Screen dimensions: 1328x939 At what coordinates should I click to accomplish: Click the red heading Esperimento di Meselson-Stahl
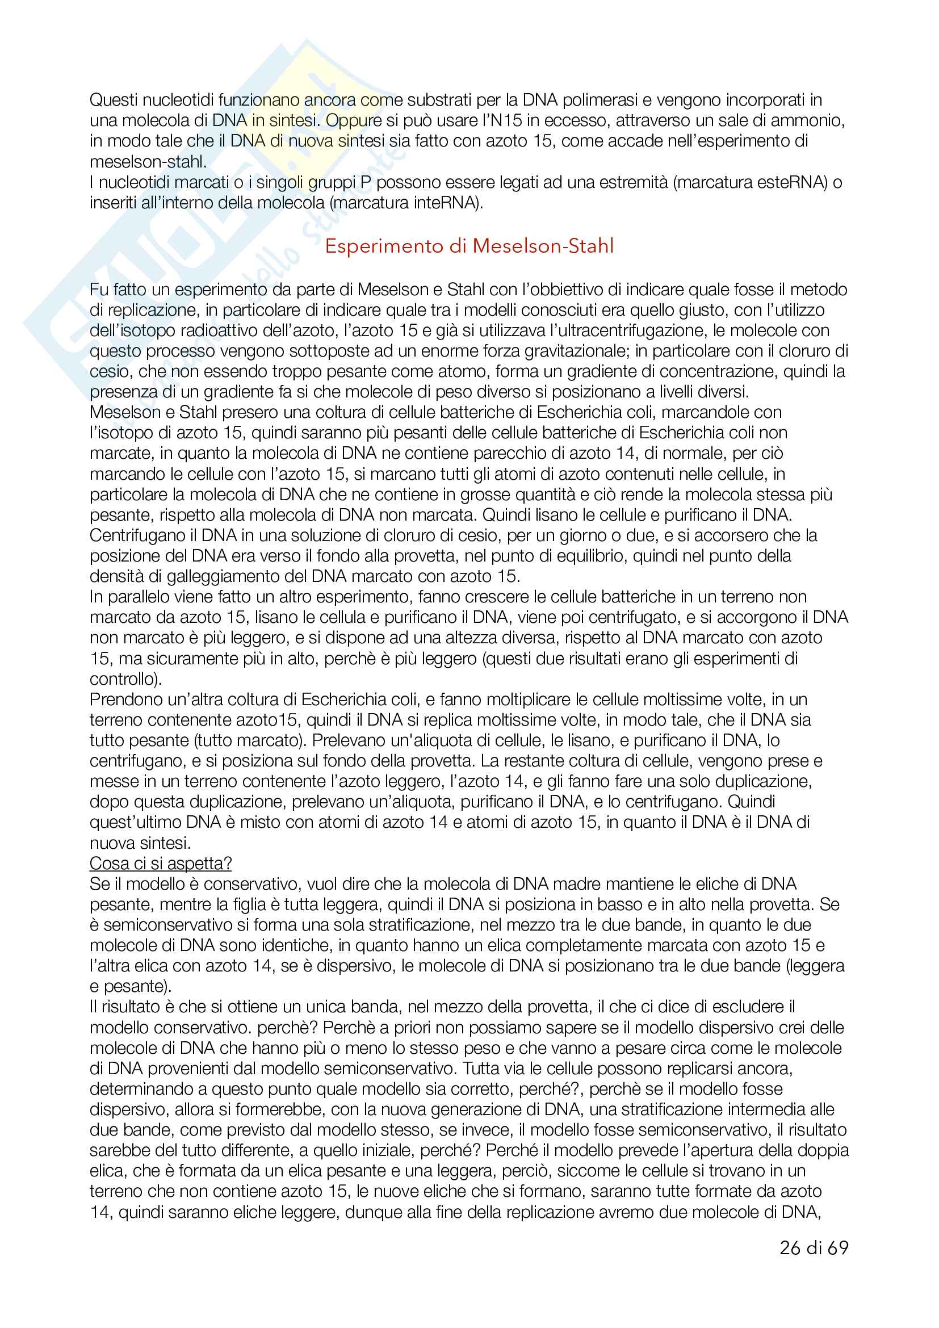(x=469, y=246)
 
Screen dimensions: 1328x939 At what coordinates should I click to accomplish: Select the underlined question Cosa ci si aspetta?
(x=160, y=864)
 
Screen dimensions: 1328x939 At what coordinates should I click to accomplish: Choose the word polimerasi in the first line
(x=597, y=100)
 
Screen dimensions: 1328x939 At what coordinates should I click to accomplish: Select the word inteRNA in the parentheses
(x=446, y=203)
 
